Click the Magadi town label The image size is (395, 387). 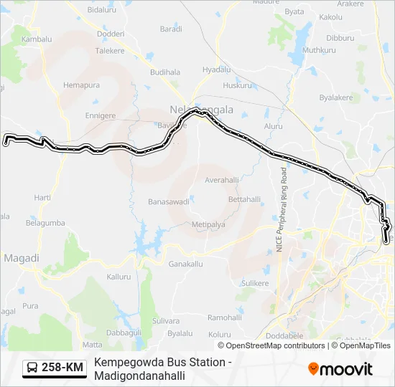coord(21,258)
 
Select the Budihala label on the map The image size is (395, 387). coord(165,72)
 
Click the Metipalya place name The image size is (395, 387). coord(208,224)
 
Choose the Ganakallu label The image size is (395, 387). coord(186,264)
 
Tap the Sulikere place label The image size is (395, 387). coord(254,283)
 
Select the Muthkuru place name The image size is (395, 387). coord(319,50)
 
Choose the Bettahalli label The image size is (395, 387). coord(242,199)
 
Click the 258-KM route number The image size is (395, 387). coord(62,368)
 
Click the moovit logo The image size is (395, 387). coord(340,368)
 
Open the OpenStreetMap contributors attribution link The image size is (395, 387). coord(276,345)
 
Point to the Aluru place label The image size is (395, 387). coord(274,125)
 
